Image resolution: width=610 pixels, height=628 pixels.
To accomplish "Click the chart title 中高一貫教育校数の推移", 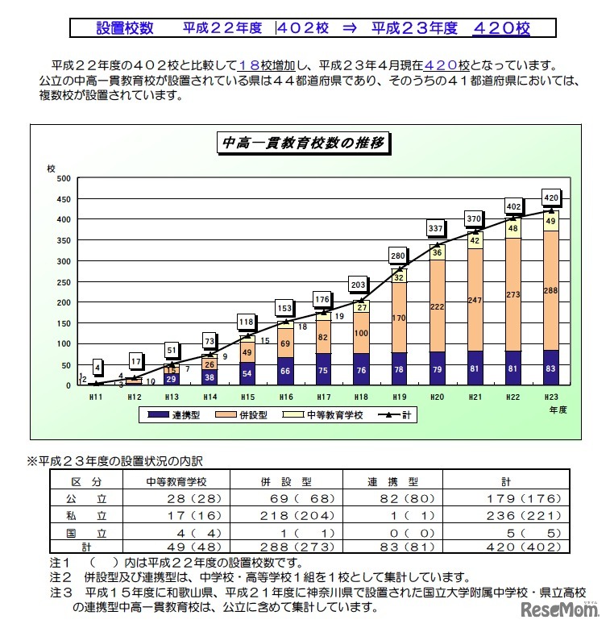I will click(x=305, y=144).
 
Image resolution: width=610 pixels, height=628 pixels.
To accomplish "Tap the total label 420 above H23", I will click(x=551, y=198).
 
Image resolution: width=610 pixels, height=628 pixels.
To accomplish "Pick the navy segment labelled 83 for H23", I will click(x=551, y=368).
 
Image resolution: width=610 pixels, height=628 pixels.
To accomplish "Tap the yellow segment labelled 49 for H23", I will click(x=551, y=221).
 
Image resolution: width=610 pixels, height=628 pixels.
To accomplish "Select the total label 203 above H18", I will click(x=359, y=284).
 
